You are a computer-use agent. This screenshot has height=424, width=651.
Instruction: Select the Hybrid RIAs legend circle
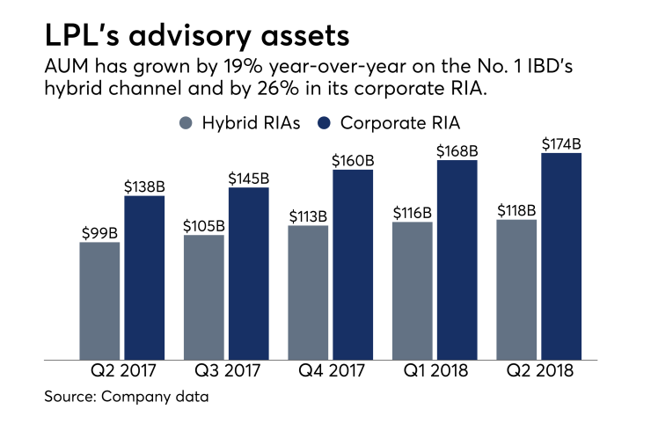coord(187,123)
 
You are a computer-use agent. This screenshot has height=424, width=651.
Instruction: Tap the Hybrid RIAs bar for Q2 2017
coord(99,300)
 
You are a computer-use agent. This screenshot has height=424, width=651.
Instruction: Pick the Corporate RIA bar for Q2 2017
coord(144,277)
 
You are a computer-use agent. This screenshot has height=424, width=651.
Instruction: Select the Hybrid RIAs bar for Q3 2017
coord(203,297)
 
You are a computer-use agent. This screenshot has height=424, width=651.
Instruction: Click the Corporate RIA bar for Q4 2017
coord(353,264)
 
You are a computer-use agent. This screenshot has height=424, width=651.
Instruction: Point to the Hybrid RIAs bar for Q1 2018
coord(413,290)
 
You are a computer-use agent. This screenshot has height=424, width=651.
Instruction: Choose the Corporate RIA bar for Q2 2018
coord(561,256)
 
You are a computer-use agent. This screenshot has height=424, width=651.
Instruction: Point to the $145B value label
coord(248,178)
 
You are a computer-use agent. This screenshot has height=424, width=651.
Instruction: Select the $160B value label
coord(353,160)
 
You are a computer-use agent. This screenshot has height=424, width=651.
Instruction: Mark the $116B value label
coord(413,212)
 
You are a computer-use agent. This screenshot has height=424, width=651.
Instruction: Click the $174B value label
coord(561,143)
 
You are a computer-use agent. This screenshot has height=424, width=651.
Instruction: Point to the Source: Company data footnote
coord(128,398)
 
